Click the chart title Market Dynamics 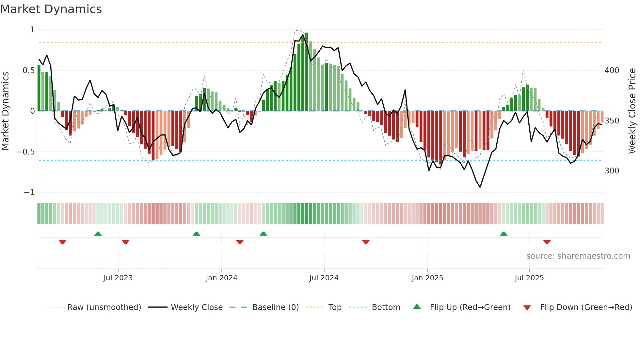pyautogui.click(x=51, y=9)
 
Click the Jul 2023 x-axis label pyautogui.click(x=118, y=278)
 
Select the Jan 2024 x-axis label pyautogui.click(x=221, y=278)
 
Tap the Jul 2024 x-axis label pyautogui.click(x=324, y=278)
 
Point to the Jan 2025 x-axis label pyautogui.click(x=427, y=278)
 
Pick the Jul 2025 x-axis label pyautogui.click(x=529, y=278)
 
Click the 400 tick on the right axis pyautogui.click(x=612, y=71)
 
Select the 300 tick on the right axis pyautogui.click(x=612, y=171)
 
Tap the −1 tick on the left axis pyautogui.click(x=29, y=192)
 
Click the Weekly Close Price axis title pyautogui.click(x=632, y=111)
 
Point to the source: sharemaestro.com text pyautogui.click(x=578, y=256)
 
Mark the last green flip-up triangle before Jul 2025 pyautogui.click(x=504, y=234)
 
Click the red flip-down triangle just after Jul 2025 pyautogui.click(x=547, y=242)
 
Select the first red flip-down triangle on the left pyautogui.click(x=62, y=242)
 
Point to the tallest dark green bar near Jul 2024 pyautogui.click(x=307, y=72)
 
